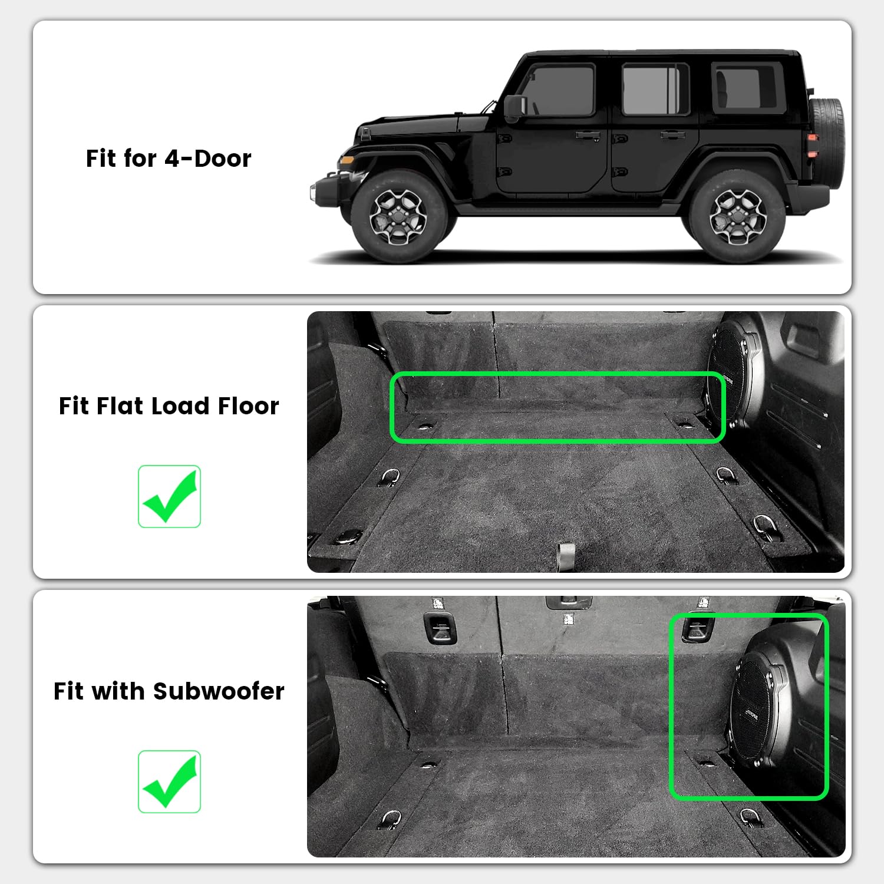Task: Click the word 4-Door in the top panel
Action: pyautogui.click(x=208, y=159)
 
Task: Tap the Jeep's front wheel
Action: pyautogui.click(x=398, y=216)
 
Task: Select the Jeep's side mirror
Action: pyautogui.click(x=514, y=107)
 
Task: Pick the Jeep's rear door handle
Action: pyautogui.click(x=672, y=135)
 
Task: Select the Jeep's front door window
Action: pyautogui.click(x=557, y=90)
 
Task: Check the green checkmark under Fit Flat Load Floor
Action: pyautogui.click(x=169, y=496)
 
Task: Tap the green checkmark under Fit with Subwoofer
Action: pyautogui.click(x=169, y=781)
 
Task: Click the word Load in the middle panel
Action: pyautogui.click(x=180, y=406)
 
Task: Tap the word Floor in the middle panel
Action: pyautogui.click(x=248, y=406)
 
